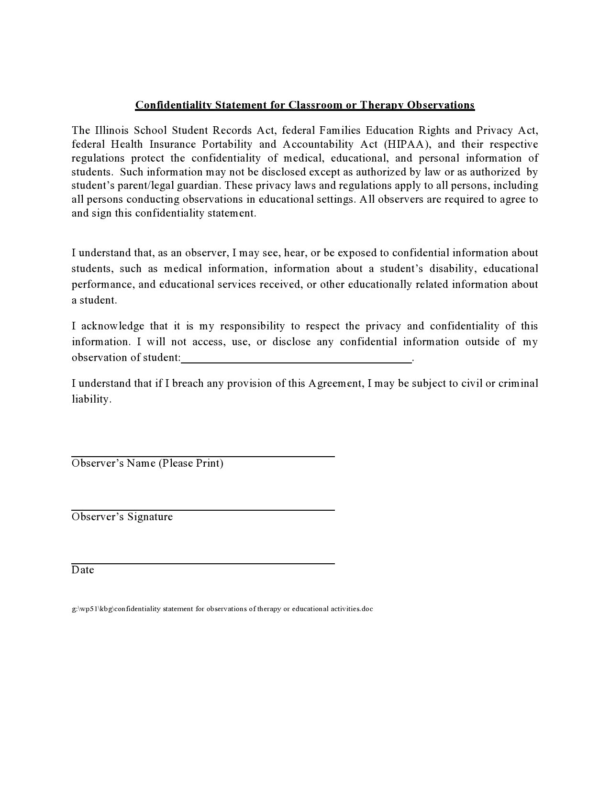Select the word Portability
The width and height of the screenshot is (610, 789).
point(226,144)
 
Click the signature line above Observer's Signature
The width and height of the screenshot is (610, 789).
point(203,510)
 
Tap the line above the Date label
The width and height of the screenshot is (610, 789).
point(203,563)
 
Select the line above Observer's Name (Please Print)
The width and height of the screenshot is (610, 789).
point(203,456)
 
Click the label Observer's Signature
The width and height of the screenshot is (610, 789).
point(122,517)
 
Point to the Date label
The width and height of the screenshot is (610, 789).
point(83,570)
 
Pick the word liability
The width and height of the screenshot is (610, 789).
point(91,399)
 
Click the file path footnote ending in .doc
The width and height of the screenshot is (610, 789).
point(222,609)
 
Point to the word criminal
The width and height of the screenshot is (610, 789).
point(518,384)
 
